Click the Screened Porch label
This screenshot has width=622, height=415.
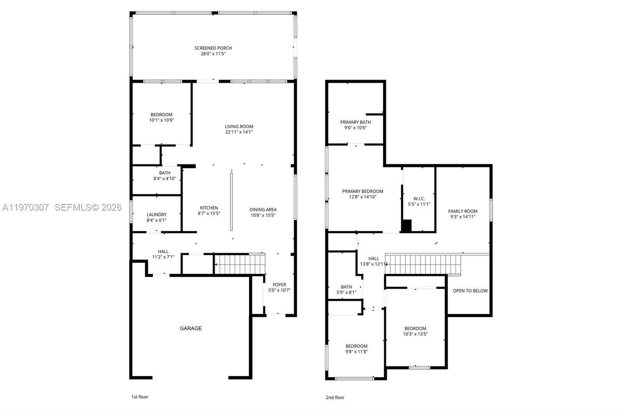[213, 48]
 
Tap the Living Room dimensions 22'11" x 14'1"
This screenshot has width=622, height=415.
[239, 132]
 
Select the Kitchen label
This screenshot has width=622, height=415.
[209, 208]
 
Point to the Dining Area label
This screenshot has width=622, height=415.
[263, 209]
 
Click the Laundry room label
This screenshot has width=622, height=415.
[157, 215]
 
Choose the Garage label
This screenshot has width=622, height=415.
[190, 328]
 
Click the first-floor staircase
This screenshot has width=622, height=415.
[239, 264]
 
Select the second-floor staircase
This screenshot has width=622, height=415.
[424, 264]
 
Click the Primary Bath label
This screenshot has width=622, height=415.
[356, 122]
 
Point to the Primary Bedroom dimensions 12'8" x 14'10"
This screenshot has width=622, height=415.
[363, 197]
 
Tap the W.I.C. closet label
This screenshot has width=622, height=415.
[419, 199]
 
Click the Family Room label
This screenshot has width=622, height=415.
[463, 211]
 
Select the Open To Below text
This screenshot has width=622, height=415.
[470, 291]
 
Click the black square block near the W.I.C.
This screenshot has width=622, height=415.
[406, 226]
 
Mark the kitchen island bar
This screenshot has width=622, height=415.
[231, 202]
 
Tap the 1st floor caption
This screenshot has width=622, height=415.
[140, 397]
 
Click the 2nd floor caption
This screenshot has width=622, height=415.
[335, 397]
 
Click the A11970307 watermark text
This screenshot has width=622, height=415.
[25, 207]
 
